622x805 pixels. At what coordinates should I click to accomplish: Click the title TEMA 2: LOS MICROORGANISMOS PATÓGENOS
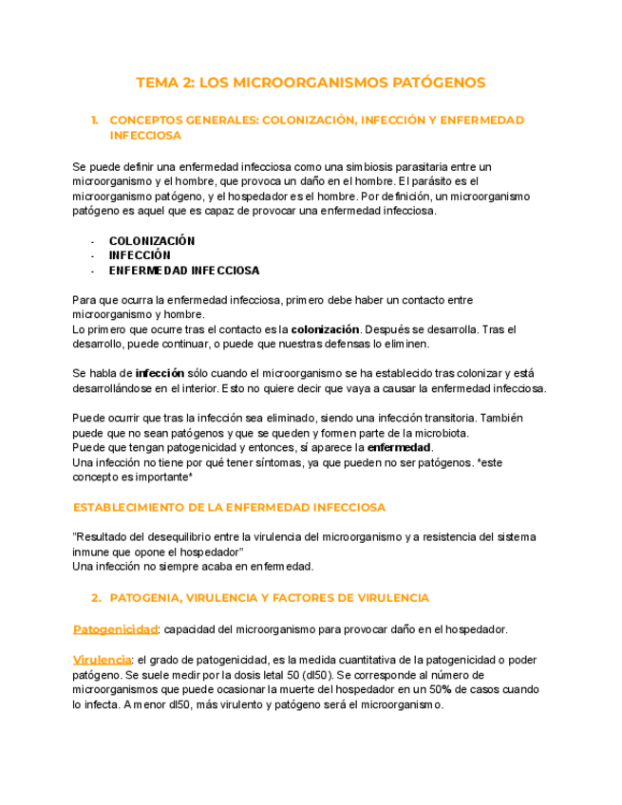[311, 83]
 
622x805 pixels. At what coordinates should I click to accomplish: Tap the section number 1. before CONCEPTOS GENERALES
[95, 121]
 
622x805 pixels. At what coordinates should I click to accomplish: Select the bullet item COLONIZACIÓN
[152, 241]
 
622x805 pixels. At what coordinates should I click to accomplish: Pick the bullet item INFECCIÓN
[140, 255]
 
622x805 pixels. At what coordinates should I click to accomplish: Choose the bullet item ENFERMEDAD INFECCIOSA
[184, 271]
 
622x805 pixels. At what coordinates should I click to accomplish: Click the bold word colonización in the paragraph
[325, 329]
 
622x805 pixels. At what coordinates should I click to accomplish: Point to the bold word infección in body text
[160, 374]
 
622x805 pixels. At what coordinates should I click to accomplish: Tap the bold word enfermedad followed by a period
[399, 447]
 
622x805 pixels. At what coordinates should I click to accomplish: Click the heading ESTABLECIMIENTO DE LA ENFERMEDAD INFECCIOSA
[229, 508]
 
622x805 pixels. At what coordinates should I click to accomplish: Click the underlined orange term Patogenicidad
[115, 629]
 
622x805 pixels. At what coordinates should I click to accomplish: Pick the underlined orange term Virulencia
[102, 660]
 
